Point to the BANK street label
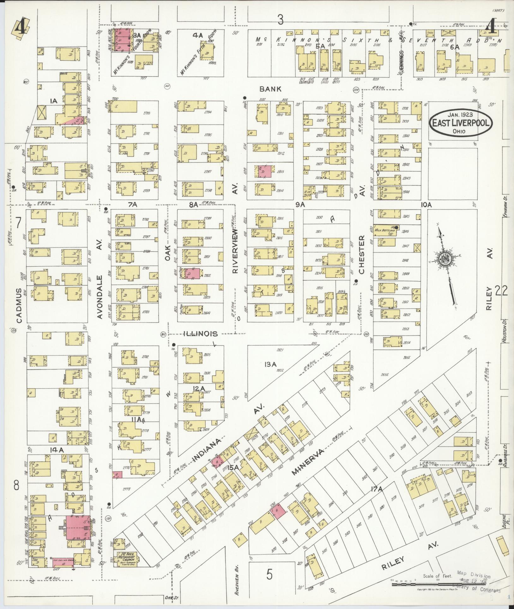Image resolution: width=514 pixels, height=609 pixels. (x=270, y=89)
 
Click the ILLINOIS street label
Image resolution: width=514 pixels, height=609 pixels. (x=201, y=334)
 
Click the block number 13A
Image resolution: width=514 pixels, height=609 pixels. (x=271, y=364)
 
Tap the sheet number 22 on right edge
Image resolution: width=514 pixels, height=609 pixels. (x=501, y=290)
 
